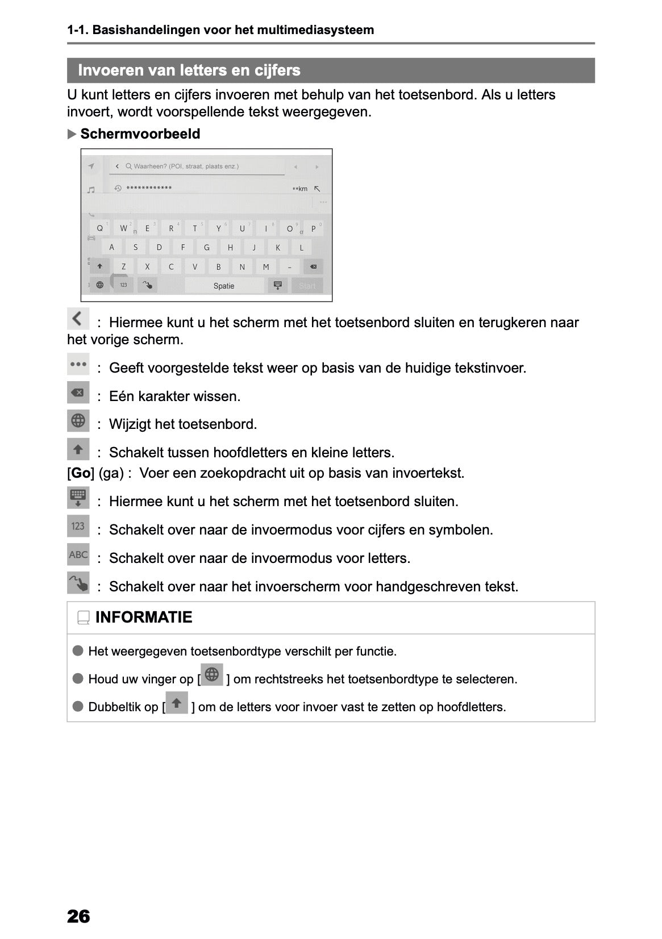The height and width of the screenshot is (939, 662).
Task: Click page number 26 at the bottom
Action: pyautogui.click(x=78, y=916)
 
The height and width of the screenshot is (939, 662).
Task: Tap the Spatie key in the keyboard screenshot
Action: pyautogui.click(x=224, y=286)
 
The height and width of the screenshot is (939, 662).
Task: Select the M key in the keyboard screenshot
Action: pyautogui.click(x=265, y=266)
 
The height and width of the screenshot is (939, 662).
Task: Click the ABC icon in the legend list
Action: pyautogui.click(x=78, y=554)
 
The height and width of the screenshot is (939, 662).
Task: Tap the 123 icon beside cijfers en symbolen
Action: pyautogui.click(x=78, y=526)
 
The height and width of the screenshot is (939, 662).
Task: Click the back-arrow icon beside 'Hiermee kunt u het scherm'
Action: pyautogui.click(x=78, y=319)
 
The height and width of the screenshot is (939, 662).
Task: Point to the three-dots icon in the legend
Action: pyautogui.click(x=78, y=364)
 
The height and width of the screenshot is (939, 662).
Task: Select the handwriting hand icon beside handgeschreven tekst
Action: pyautogui.click(x=78, y=583)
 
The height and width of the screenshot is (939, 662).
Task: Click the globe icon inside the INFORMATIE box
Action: pyautogui.click(x=212, y=675)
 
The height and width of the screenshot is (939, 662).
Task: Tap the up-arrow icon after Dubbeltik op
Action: pyautogui.click(x=177, y=703)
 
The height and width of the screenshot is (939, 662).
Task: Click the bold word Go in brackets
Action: pyautogui.click(x=81, y=473)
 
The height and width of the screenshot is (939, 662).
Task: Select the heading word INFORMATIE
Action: pyautogui.click(x=144, y=617)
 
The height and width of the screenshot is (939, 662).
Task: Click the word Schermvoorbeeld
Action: pyautogui.click(x=140, y=134)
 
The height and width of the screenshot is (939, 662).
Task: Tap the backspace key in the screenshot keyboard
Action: pyautogui.click(x=313, y=266)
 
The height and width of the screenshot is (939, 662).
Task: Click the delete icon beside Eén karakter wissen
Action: pyautogui.click(x=78, y=393)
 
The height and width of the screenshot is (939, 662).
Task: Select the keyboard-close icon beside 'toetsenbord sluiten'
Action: pyautogui.click(x=78, y=497)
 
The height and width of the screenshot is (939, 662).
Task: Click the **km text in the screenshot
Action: pyautogui.click(x=299, y=189)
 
